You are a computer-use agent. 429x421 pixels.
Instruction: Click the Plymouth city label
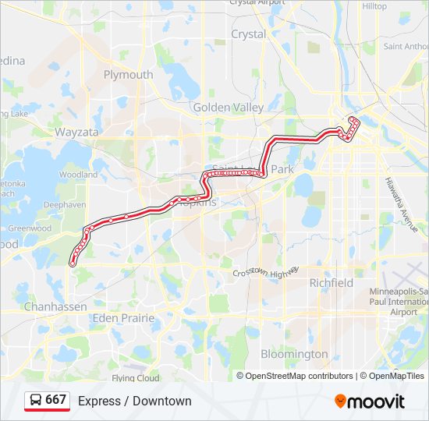click(x=128, y=75)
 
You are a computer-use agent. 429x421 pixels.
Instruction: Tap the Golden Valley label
click(x=228, y=108)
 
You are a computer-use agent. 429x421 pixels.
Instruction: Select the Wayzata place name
click(x=76, y=133)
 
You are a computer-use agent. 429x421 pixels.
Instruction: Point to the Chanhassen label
click(x=55, y=306)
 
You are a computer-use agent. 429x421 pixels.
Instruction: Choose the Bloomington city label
click(x=294, y=354)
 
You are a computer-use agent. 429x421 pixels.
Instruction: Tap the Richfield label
click(x=331, y=282)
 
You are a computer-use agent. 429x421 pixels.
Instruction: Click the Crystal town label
click(x=248, y=34)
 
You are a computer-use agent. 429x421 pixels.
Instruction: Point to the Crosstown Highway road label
click(x=266, y=273)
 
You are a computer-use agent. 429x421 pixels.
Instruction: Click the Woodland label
click(x=78, y=175)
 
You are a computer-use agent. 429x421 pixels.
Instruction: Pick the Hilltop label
click(x=374, y=6)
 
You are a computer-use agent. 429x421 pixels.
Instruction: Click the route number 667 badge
click(x=48, y=400)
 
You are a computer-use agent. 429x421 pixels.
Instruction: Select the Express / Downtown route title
click(x=134, y=401)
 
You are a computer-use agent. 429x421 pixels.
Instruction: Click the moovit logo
click(x=369, y=402)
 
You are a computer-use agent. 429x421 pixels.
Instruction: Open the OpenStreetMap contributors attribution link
click(x=299, y=376)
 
